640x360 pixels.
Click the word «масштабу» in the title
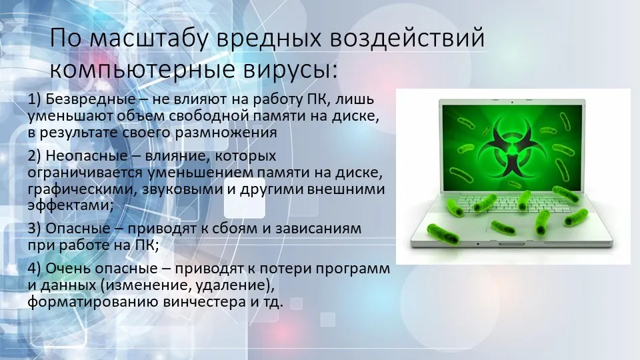tap(149, 39)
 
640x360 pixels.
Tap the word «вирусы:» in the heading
tap(291, 70)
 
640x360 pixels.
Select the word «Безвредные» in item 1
tap(91, 99)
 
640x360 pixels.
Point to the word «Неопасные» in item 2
tap(87, 156)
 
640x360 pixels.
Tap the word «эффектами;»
tap(71, 205)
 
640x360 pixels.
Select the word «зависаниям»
tap(319, 229)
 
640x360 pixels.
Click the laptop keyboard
tap(510, 204)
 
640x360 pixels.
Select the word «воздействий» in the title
tap(407, 39)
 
